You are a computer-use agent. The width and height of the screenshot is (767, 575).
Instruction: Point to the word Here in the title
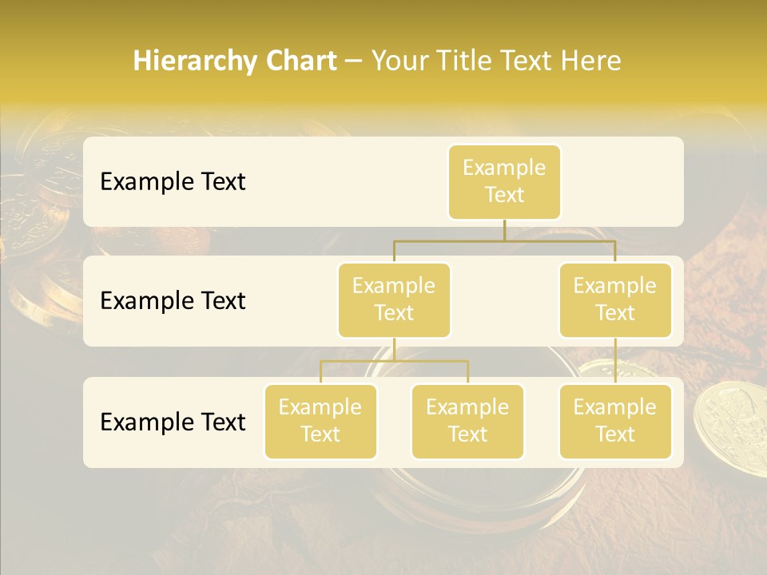(x=591, y=61)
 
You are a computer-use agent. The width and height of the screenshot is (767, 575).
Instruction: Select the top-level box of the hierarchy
(x=504, y=181)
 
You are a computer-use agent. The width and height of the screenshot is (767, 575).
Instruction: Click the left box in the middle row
(x=394, y=299)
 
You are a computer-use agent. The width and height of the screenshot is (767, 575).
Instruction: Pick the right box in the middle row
(x=615, y=299)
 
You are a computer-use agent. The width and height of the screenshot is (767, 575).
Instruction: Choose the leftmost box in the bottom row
(x=320, y=421)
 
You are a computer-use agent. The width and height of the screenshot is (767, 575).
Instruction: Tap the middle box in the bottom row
(x=467, y=421)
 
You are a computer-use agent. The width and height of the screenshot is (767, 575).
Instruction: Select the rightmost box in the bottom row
(x=615, y=421)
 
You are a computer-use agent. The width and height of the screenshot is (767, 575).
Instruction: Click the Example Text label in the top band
(x=173, y=181)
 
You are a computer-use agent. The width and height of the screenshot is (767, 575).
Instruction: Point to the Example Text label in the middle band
(x=173, y=300)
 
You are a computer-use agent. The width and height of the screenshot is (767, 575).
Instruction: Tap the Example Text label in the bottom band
(x=173, y=422)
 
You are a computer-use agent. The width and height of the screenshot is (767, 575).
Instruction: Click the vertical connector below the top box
(x=504, y=230)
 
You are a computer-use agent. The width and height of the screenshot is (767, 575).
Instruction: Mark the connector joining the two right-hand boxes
(x=615, y=361)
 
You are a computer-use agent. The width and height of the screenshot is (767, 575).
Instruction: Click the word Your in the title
(x=398, y=61)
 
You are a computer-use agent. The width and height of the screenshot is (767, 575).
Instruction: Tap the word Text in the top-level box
(x=504, y=195)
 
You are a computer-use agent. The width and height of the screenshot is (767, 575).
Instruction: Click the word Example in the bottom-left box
(x=320, y=407)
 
